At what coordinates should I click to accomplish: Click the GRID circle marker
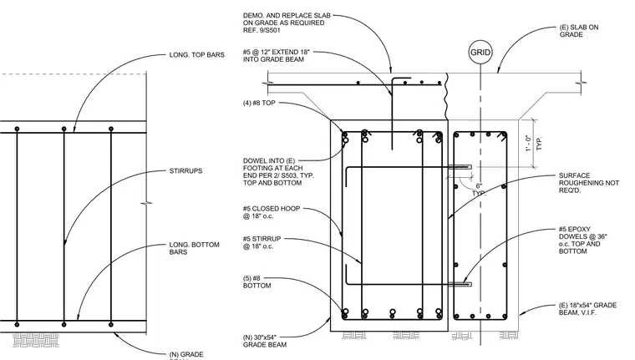pos(480,53)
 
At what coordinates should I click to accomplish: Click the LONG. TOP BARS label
pos(197,55)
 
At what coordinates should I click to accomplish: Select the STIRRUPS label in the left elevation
pos(185,171)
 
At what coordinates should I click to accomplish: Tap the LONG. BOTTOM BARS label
pos(195,248)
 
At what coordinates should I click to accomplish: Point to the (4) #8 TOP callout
pos(259,103)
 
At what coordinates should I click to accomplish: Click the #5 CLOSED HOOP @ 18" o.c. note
pos(272,212)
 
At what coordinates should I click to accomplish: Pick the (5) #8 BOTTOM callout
pos(257,281)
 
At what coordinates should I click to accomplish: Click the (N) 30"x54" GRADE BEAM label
pos(265,341)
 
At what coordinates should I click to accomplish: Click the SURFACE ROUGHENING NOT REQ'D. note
pos(589,183)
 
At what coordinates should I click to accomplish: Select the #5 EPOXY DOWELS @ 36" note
pos(583,240)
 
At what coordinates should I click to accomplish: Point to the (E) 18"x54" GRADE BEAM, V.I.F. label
pos(587,308)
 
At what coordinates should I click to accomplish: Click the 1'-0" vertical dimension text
pos(528,144)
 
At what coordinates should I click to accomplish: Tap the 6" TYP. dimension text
pos(479,190)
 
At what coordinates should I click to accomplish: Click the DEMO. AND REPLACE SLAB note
pos(287,23)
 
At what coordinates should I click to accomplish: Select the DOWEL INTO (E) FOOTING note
pos(278,172)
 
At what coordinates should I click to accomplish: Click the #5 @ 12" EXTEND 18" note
pos(277,56)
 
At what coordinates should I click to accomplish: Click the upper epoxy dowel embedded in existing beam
pos(460,166)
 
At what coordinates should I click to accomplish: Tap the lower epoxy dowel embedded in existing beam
pos(460,284)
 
